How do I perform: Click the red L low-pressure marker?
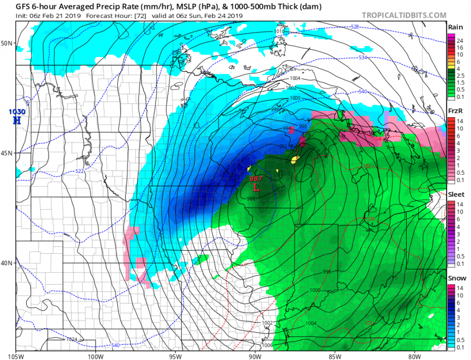[x=256, y=187]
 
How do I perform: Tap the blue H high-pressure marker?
[x=17, y=120]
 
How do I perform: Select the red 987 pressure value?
[x=256, y=178]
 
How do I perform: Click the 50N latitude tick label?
[x=7, y=43]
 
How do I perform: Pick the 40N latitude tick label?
[x=7, y=263]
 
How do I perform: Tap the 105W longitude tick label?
[x=16, y=356]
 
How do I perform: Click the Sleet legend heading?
[x=454, y=194]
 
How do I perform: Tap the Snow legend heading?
[x=454, y=278]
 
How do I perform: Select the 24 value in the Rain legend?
[x=459, y=40]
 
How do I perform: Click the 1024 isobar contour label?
[x=72, y=340]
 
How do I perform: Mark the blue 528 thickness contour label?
[x=354, y=27]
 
